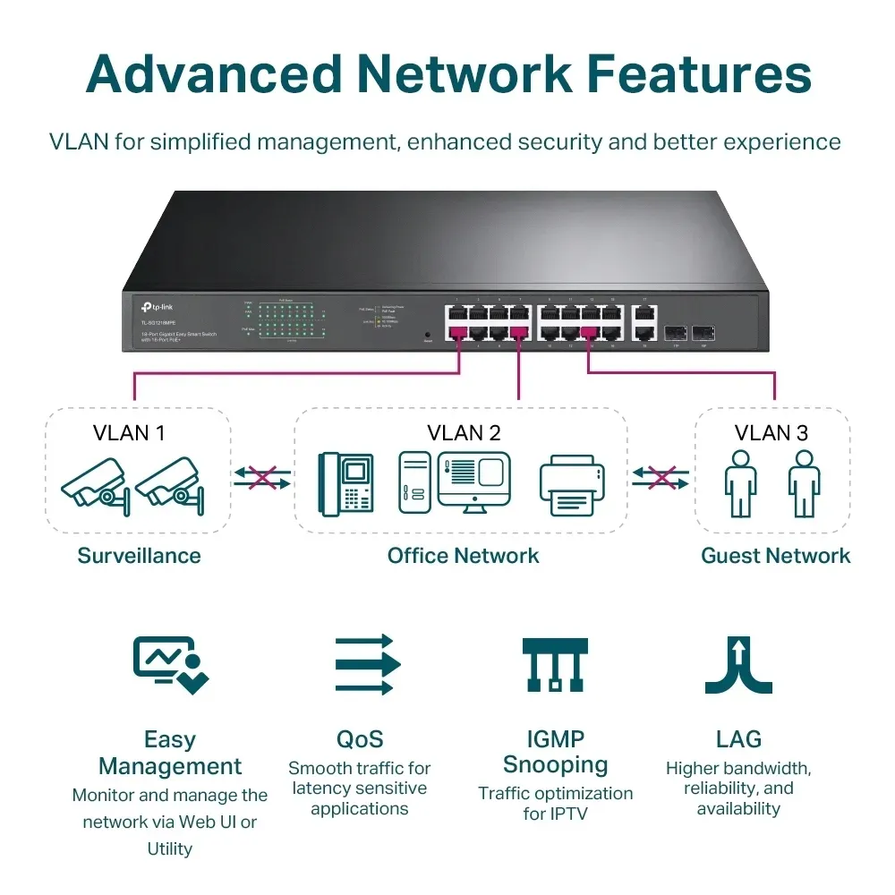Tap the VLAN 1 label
tap(129, 433)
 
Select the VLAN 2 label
tap(463, 433)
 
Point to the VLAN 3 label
tap(771, 433)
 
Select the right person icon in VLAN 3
tap(804, 483)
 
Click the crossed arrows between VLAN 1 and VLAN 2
tap(262, 478)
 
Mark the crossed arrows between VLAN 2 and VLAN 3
tap(661, 478)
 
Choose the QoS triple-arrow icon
tap(367, 664)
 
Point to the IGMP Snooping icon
tap(555, 664)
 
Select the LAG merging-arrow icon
tap(737, 664)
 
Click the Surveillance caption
tap(139, 556)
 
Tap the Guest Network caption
tap(775, 556)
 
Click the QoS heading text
tap(360, 739)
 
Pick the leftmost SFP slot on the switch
tap(677, 331)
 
